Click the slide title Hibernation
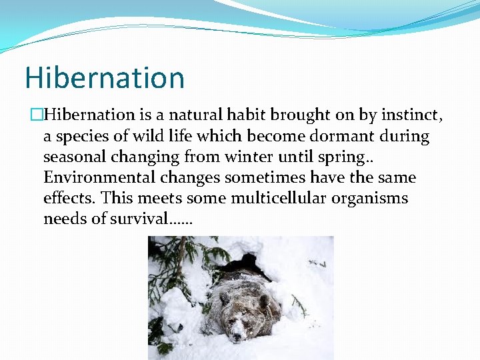pos(104,78)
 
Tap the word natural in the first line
pos(185,115)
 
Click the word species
pos(78,137)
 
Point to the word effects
pos(67,199)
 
